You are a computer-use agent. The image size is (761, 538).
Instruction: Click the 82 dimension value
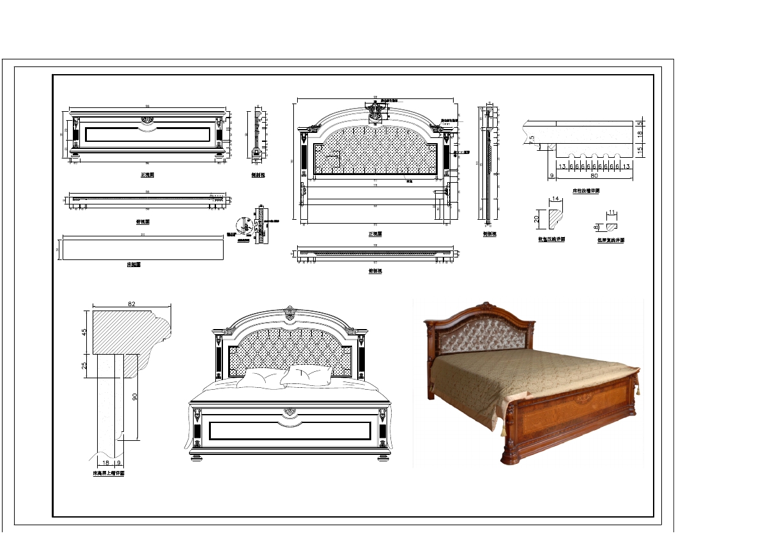click(x=132, y=305)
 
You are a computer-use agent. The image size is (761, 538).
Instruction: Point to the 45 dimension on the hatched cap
click(x=84, y=332)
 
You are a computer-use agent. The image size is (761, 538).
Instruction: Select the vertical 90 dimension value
click(x=135, y=397)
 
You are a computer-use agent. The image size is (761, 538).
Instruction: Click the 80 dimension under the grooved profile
click(x=594, y=174)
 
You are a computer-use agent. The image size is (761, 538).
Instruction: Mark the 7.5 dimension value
click(x=531, y=141)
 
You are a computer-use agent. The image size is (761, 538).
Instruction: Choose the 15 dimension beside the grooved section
click(x=639, y=150)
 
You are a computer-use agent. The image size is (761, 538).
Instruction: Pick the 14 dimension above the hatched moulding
click(x=556, y=199)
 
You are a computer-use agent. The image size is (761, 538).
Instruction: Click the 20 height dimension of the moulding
click(x=537, y=218)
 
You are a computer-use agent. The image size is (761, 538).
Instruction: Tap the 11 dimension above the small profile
click(x=611, y=211)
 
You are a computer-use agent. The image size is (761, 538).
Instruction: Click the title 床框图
click(x=134, y=264)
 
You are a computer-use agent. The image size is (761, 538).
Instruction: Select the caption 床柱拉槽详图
click(x=585, y=191)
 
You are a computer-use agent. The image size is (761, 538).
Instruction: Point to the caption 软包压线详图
click(x=551, y=240)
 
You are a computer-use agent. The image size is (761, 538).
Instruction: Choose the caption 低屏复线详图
click(x=611, y=240)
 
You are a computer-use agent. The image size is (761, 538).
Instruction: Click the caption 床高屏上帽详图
click(x=109, y=474)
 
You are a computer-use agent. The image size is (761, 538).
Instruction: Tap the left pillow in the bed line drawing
click(x=262, y=378)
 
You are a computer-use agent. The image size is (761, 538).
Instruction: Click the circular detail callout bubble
click(x=243, y=225)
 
